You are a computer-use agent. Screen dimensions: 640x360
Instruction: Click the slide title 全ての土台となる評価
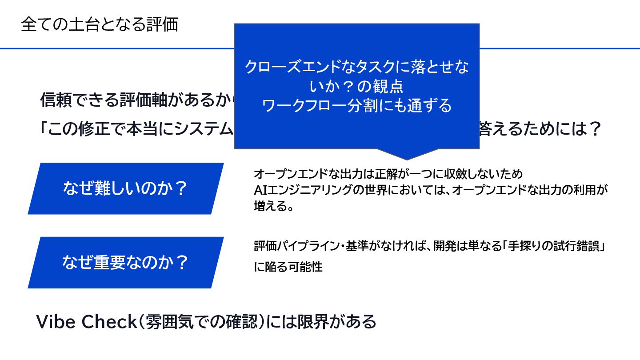[x=99, y=25]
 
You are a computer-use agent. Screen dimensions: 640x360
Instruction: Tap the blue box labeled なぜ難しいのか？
[x=125, y=189]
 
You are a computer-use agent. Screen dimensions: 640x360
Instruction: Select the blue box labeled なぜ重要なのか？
[x=125, y=263]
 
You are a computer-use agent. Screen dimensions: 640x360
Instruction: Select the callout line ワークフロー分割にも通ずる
[x=357, y=106]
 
